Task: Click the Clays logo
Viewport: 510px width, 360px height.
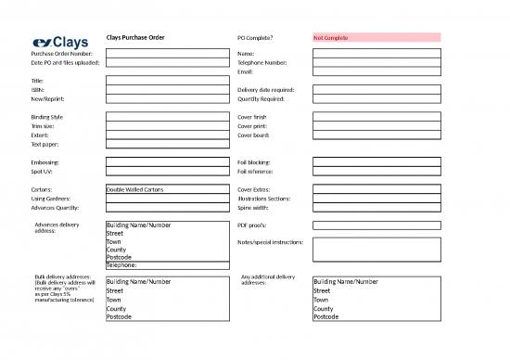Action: point(60,42)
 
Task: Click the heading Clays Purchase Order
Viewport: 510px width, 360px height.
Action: point(135,37)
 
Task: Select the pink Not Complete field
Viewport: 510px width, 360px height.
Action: point(376,38)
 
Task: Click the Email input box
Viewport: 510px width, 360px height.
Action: point(376,71)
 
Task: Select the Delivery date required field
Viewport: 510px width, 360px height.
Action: point(376,90)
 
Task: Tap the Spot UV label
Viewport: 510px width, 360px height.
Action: point(43,171)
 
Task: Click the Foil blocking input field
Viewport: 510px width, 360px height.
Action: point(376,161)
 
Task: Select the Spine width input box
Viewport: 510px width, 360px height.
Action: point(376,208)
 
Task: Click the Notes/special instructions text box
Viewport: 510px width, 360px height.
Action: point(376,250)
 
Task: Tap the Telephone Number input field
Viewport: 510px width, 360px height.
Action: point(376,62)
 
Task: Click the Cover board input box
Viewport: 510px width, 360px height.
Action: point(376,135)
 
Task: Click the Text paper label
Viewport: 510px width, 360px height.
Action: point(45,145)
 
